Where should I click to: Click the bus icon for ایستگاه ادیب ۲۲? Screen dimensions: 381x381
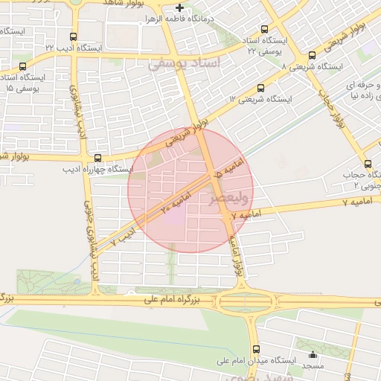[x=73, y=36]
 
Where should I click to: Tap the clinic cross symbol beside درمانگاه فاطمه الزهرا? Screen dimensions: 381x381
[x=179, y=8]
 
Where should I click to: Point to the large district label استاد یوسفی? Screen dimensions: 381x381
[x=185, y=64]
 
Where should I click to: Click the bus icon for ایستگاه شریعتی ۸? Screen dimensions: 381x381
[x=312, y=55]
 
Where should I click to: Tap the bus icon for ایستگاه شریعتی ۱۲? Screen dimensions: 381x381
[x=260, y=88]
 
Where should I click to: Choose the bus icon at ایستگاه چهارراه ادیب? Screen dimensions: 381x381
[x=98, y=157]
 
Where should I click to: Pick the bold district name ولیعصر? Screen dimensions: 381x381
[x=214, y=199]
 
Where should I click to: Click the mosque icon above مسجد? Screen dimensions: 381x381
[x=313, y=354]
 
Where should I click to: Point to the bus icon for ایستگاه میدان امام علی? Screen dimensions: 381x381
[x=257, y=349]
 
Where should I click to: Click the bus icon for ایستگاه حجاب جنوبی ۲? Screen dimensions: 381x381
[x=368, y=164]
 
